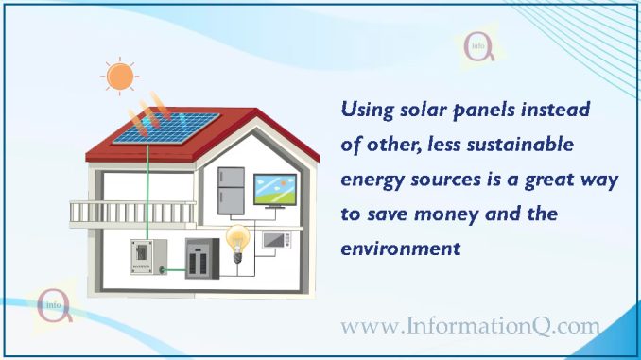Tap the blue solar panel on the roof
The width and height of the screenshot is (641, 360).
(x=162, y=129)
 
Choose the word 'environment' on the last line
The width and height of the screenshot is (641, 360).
(x=400, y=249)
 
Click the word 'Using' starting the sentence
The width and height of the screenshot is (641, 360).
(x=365, y=111)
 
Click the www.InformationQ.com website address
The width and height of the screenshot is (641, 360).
(x=470, y=326)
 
